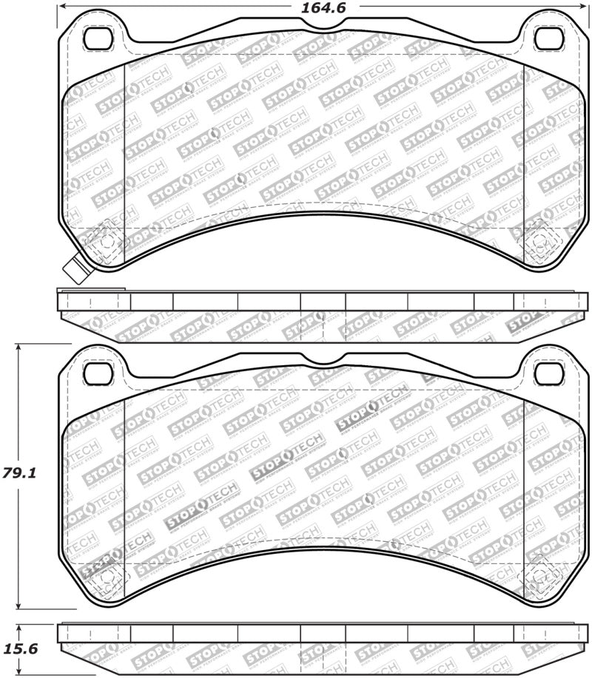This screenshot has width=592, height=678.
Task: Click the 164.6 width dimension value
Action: (325, 8)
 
